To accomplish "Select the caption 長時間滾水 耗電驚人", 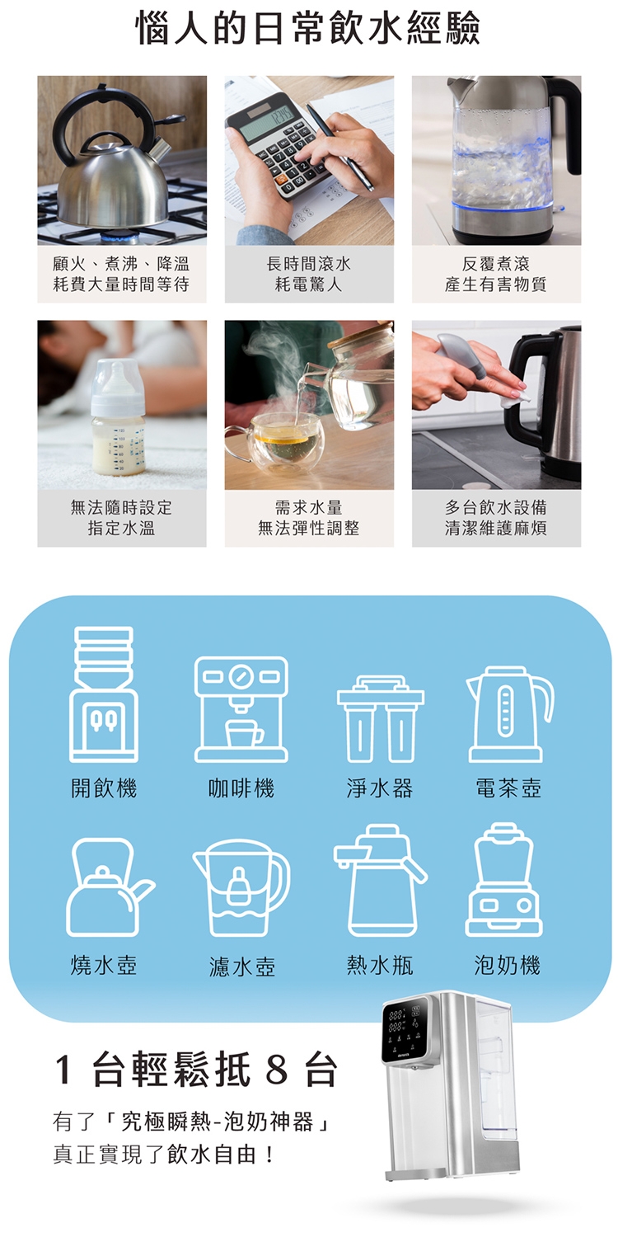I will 309,274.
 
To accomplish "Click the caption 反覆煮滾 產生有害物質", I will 496,274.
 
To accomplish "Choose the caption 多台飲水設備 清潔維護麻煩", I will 496,518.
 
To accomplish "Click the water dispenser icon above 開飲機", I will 104,694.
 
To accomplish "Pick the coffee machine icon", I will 241,709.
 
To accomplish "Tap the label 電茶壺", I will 508,788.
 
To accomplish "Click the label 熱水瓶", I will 379,965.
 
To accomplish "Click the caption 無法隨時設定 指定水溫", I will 122,518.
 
